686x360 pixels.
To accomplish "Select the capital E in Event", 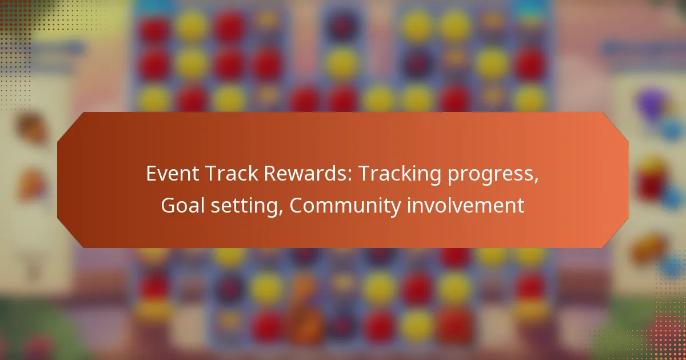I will click(151, 174).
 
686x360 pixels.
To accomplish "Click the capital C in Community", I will click(297, 206).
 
